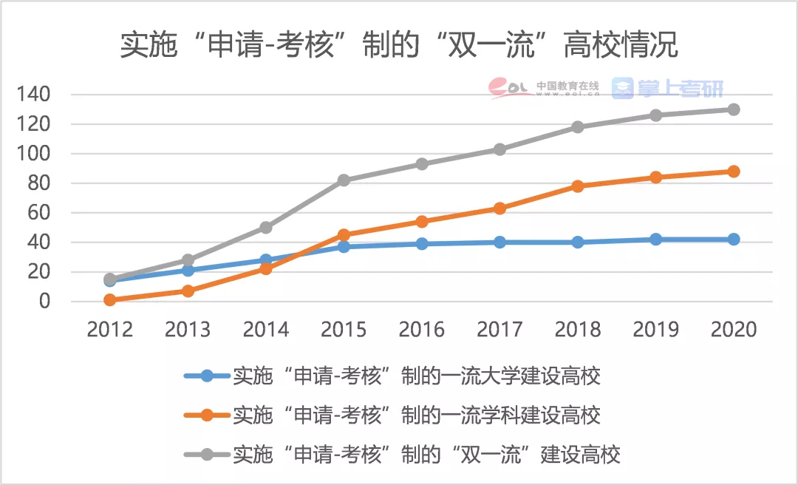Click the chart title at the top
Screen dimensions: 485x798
(399, 46)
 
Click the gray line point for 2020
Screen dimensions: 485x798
(733, 109)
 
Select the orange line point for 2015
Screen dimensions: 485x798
(344, 235)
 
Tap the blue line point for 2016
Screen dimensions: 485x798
(422, 244)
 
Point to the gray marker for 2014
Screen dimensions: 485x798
(266, 228)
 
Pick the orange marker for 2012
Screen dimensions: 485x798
(110, 299)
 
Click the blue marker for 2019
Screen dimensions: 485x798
(655, 240)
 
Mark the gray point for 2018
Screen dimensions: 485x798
(578, 127)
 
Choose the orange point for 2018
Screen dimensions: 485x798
(578, 186)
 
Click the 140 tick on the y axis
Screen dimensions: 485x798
(35, 95)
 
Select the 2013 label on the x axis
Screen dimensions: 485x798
(188, 330)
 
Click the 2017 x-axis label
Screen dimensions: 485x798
(499, 330)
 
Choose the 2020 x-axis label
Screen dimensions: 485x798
(733, 330)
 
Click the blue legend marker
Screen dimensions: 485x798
(207, 376)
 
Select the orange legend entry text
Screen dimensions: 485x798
(416, 415)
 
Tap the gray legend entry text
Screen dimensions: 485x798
(426, 453)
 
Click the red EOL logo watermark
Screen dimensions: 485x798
(510, 88)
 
